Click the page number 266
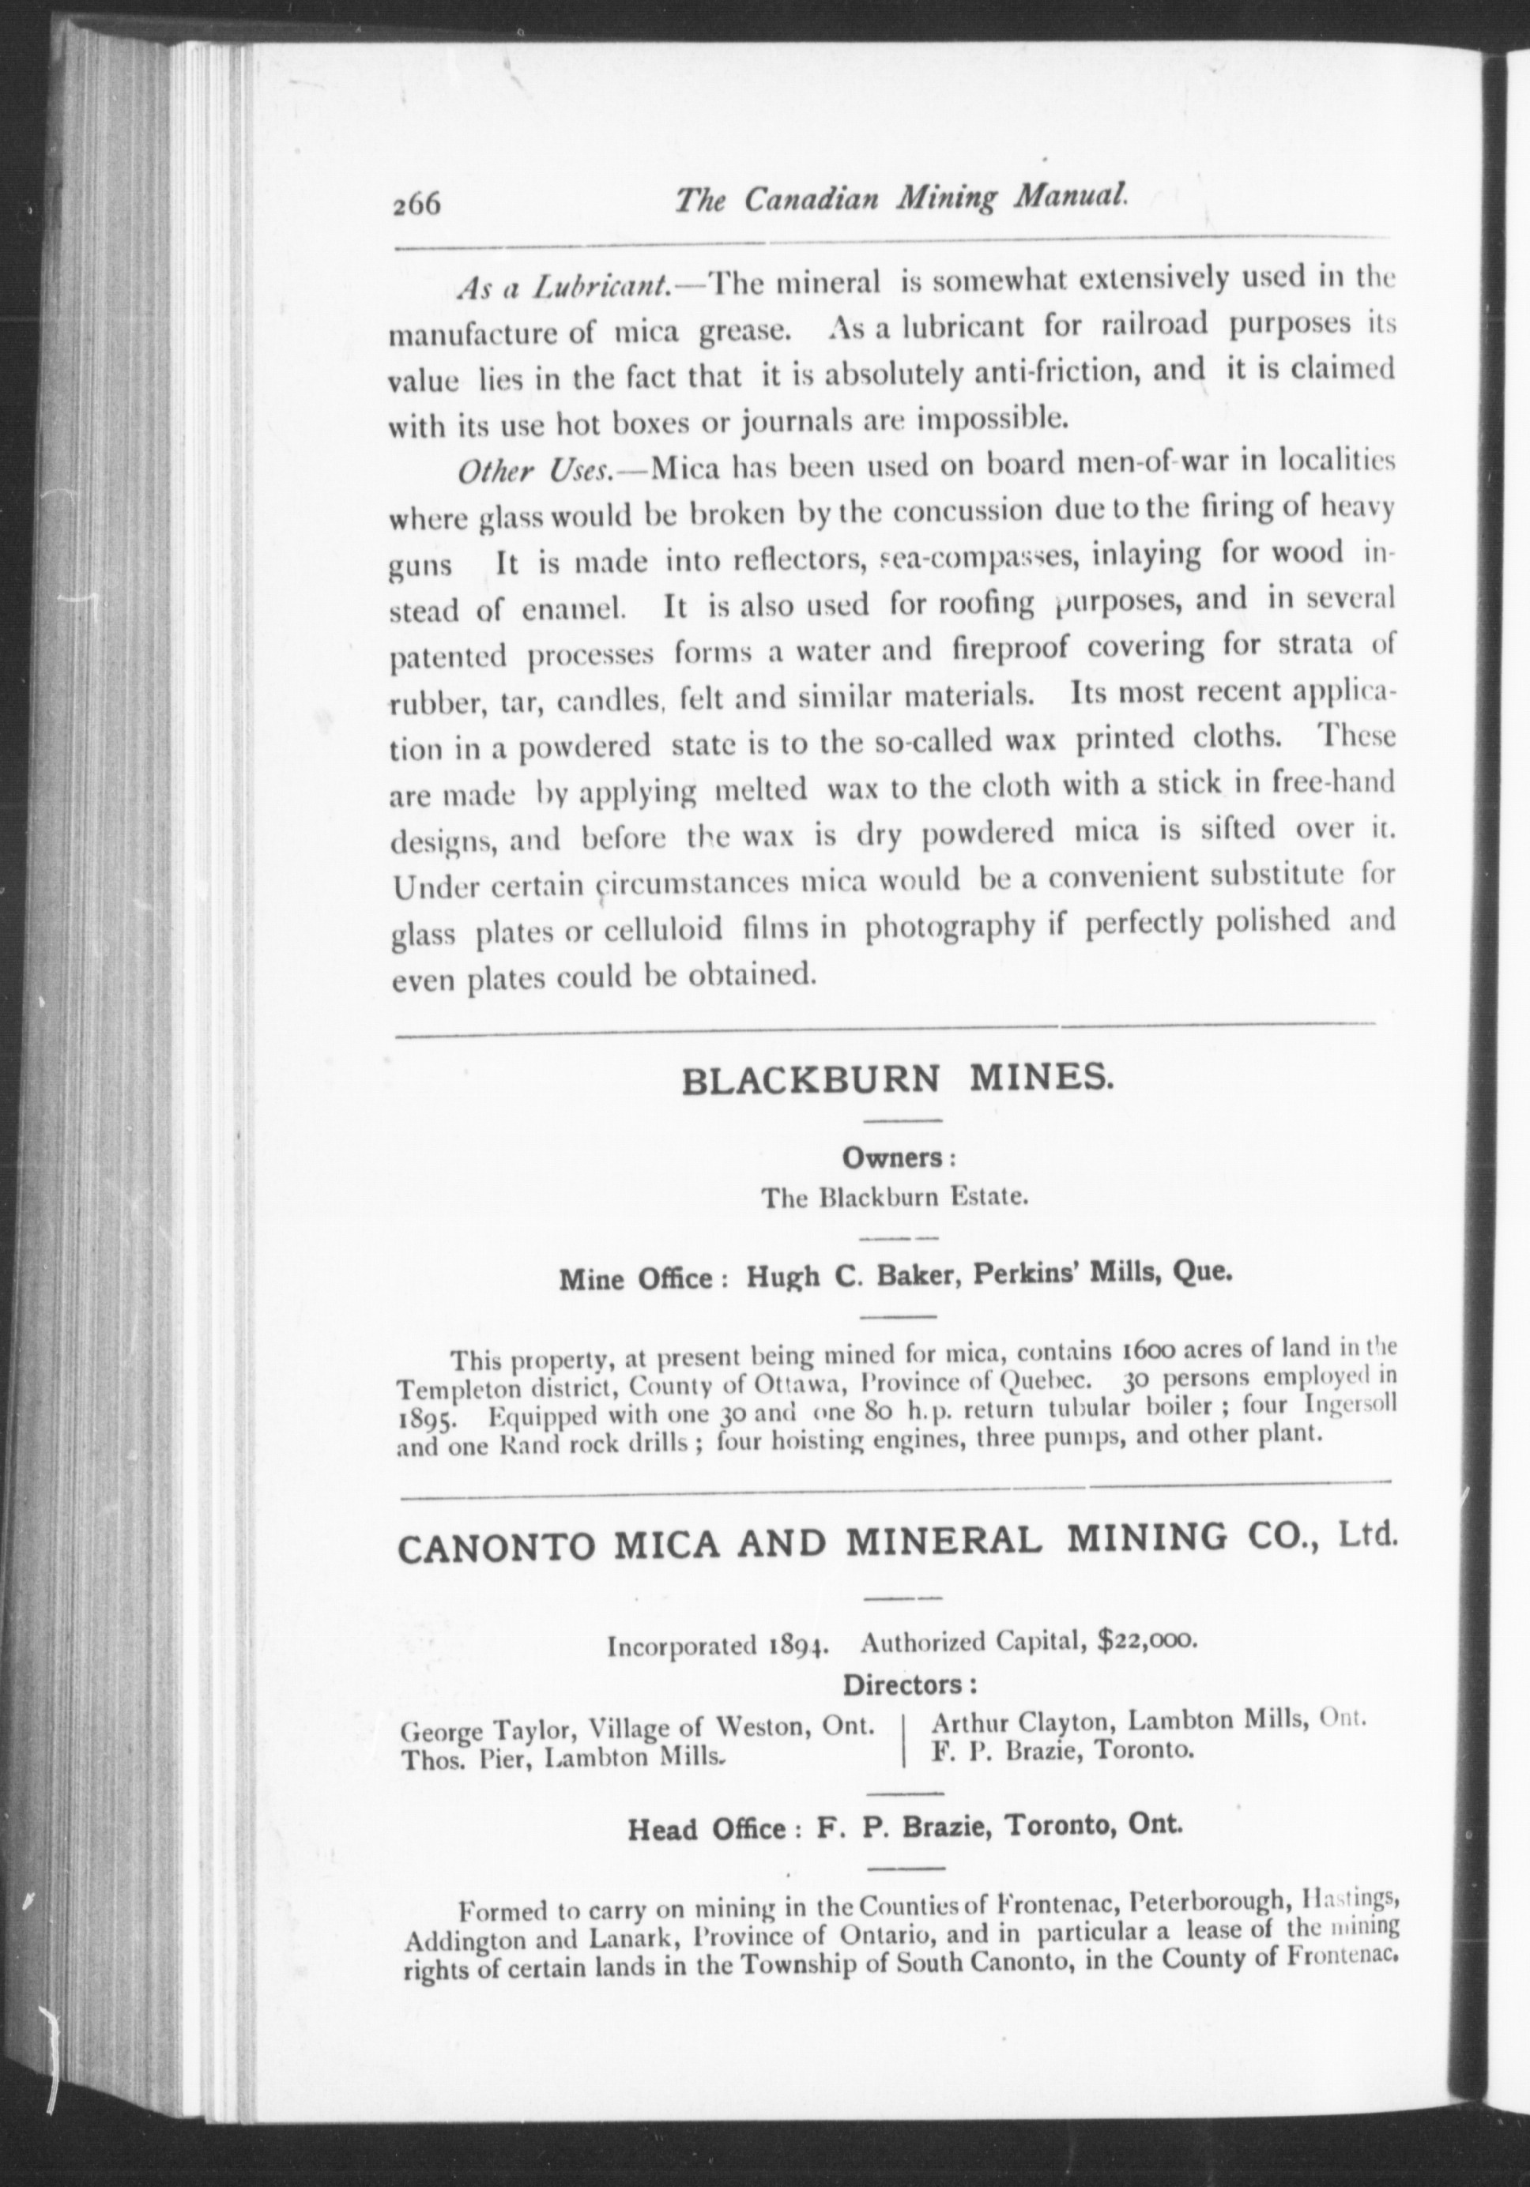(x=416, y=204)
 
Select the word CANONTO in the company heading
(x=496, y=1544)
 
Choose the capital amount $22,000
(x=1145, y=1640)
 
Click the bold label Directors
(x=909, y=1684)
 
